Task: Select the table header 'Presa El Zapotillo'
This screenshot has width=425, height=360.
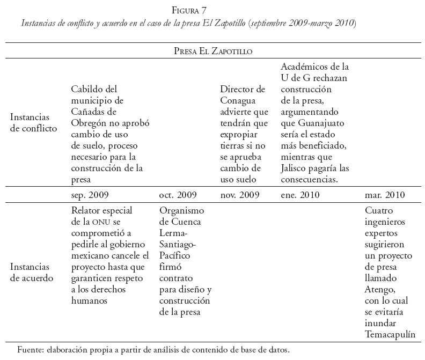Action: (213, 51)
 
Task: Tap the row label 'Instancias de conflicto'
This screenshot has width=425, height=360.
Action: (33, 123)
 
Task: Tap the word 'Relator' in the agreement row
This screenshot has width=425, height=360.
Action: (86, 210)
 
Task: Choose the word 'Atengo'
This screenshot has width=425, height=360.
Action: (379, 290)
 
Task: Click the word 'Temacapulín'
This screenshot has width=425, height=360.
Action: (391, 334)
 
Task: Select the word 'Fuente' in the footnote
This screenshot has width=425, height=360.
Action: (31, 350)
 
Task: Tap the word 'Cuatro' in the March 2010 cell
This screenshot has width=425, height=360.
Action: (379, 210)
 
